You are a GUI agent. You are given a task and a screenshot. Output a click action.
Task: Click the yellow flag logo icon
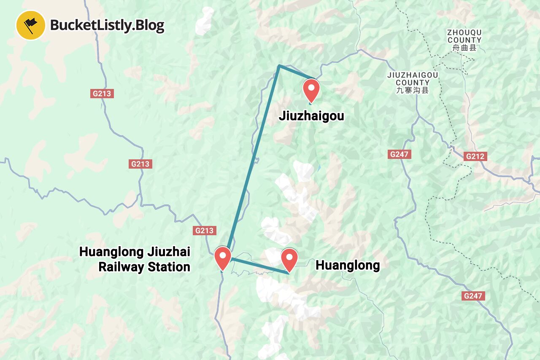pyautogui.click(x=30, y=25)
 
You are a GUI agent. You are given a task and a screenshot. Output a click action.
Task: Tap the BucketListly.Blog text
pyautogui.click(x=107, y=25)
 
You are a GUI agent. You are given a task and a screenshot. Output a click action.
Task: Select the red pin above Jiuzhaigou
pyautogui.click(x=312, y=89)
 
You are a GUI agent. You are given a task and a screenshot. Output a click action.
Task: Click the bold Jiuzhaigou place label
pyautogui.click(x=311, y=116)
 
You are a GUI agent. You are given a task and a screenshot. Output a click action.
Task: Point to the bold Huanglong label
pyautogui.click(x=348, y=265)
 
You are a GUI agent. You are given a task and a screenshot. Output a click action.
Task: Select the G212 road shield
pyautogui.click(x=475, y=157)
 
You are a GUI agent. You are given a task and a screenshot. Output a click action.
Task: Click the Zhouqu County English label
pyautogui.click(x=464, y=36)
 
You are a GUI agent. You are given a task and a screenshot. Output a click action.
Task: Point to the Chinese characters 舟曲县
pyautogui.click(x=464, y=48)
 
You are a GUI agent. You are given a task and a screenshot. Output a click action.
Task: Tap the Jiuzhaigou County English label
pyautogui.click(x=412, y=79)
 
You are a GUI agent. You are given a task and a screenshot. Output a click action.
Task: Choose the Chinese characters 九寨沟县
pyautogui.click(x=412, y=90)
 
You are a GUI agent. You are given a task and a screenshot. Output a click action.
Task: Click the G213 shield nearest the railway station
pyautogui.click(x=205, y=231)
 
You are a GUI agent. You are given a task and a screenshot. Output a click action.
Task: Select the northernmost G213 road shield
pyautogui.click(x=102, y=93)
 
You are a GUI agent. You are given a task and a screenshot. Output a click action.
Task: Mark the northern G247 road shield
pyautogui.click(x=399, y=154)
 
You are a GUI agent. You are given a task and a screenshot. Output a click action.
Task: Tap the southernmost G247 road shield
pyautogui.click(x=472, y=296)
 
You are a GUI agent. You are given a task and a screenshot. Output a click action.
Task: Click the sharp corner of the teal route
pyautogui.click(x=279, y=66)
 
